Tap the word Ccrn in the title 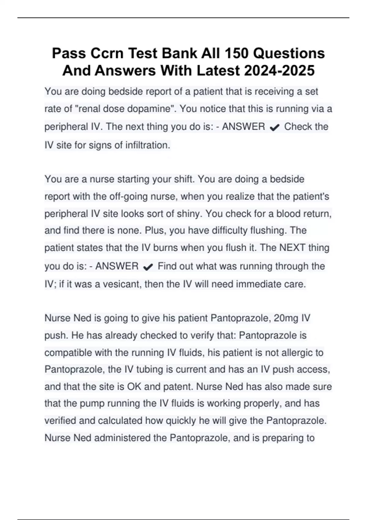[x=107, y=53]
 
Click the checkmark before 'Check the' [x=275, y=128]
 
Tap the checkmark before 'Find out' [x=148, y=267]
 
